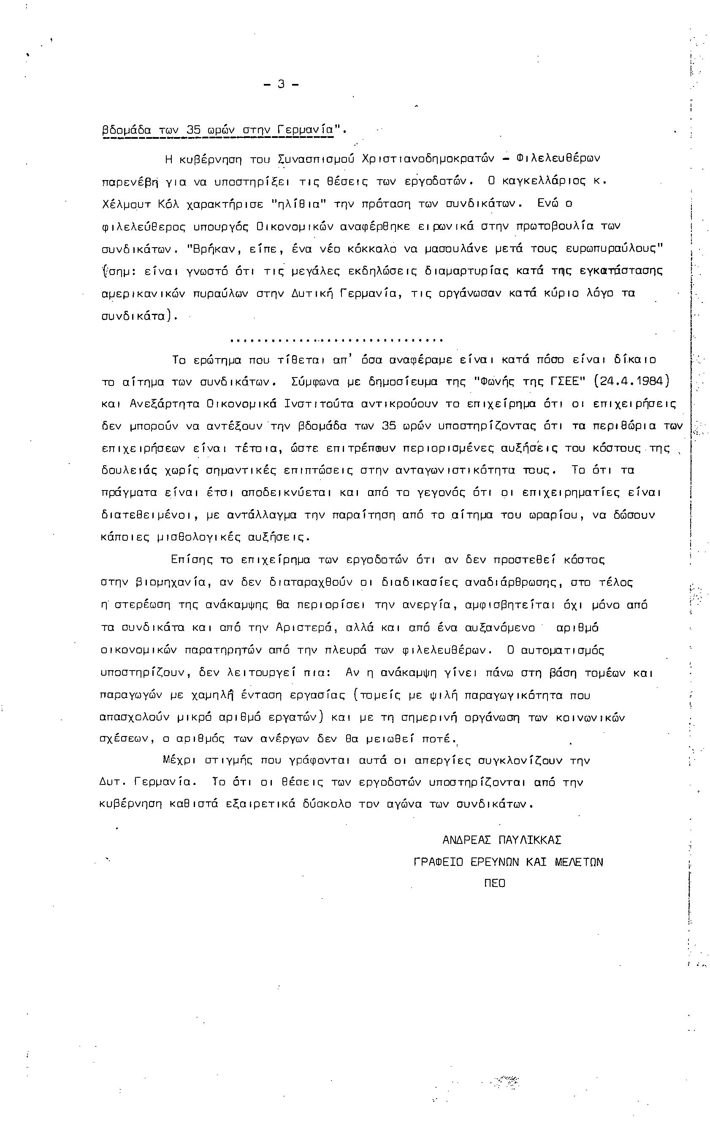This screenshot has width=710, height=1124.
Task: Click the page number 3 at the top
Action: point(281,84)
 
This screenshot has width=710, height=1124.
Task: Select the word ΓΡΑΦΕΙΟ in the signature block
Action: point(438,862)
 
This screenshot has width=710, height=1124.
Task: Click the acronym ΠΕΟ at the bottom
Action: point(495,884)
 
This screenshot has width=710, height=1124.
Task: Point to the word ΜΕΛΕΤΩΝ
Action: point(579,862)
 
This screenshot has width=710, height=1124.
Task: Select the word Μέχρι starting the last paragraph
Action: point(179,760)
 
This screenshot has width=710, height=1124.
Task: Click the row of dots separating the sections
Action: point(336,341)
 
